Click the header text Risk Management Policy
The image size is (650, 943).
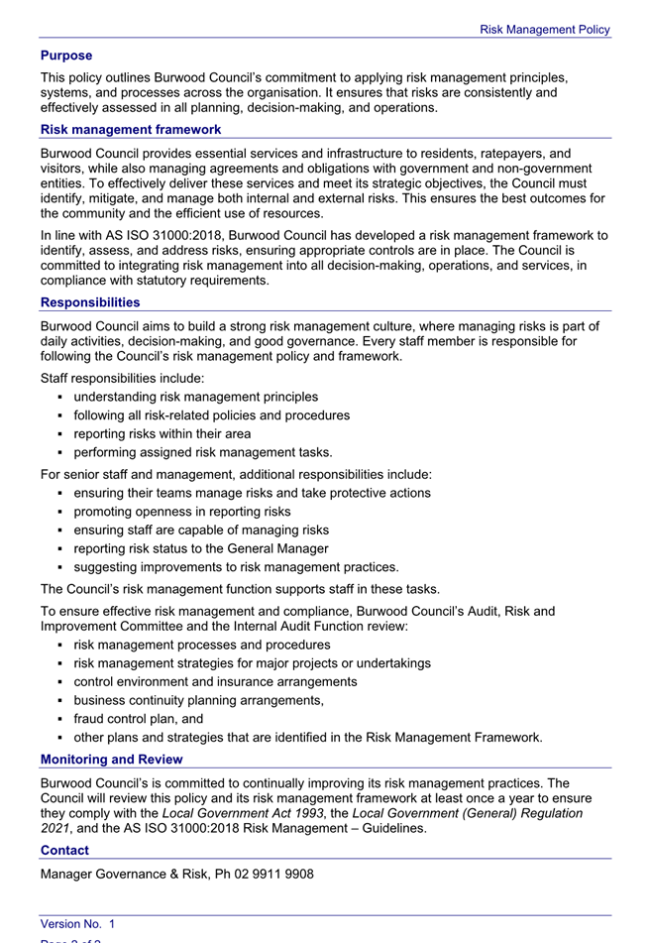(545, 30)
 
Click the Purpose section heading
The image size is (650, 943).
(66, 56)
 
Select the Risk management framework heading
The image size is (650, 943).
(131, 130)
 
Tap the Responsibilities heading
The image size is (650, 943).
(90, 302)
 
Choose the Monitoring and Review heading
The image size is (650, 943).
(111, 760)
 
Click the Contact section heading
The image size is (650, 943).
(64, 851)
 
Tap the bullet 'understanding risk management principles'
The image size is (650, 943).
(196, 397)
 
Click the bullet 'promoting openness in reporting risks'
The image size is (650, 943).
(182, 512)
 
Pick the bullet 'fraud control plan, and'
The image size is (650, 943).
(139, 719)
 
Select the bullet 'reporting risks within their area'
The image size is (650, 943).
(162, 434)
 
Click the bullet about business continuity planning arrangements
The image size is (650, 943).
(199, 700)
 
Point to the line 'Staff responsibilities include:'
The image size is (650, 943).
(123, 378)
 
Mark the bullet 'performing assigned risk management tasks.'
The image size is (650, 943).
(189, 453)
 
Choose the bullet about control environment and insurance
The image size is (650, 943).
(216, 682)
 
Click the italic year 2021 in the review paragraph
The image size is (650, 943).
(55, 828)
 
